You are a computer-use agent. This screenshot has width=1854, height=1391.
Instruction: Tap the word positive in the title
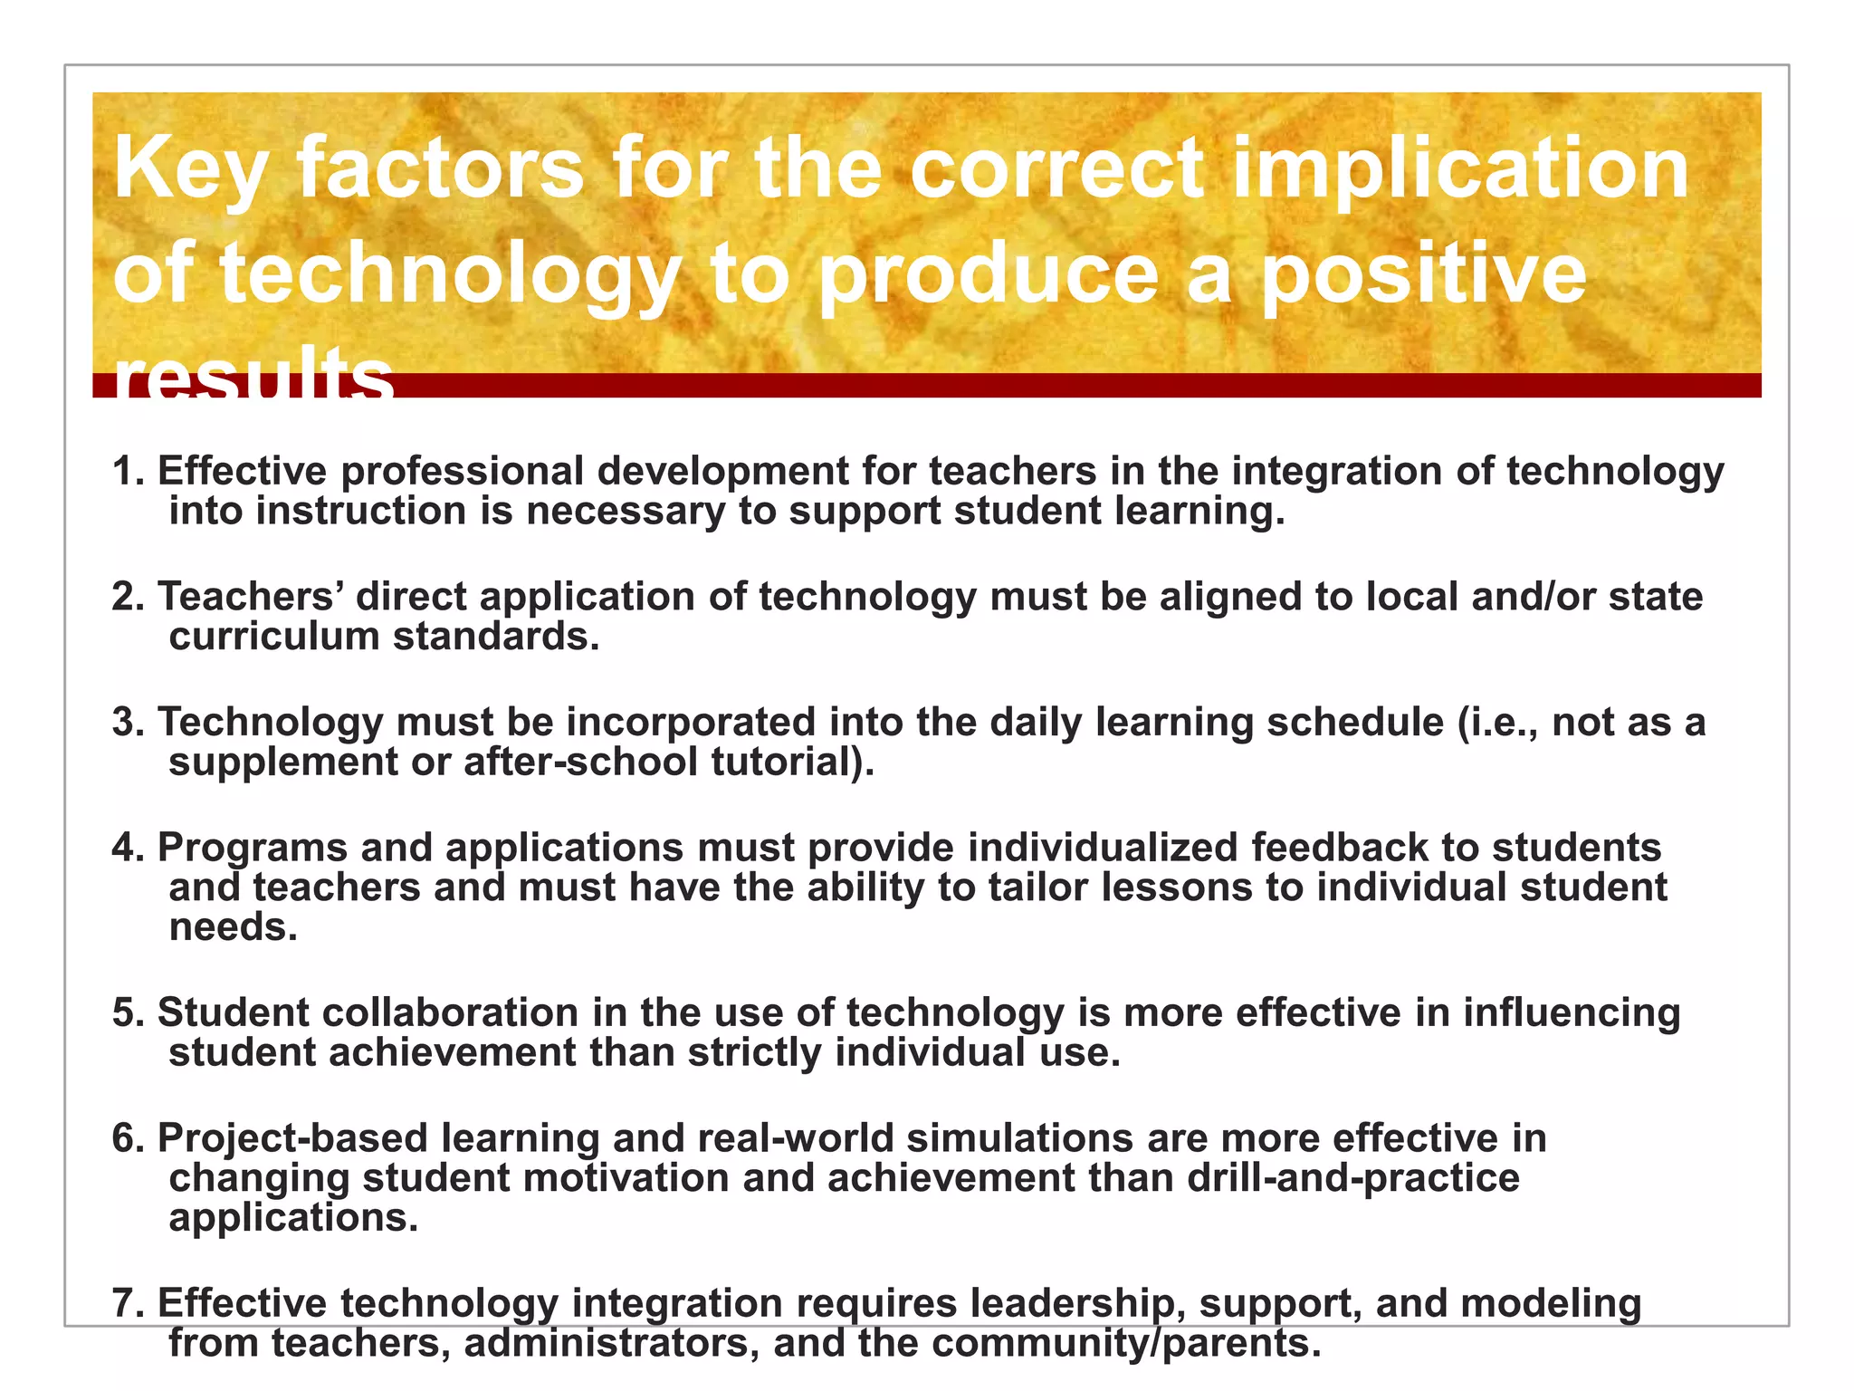(x=1423, y=275)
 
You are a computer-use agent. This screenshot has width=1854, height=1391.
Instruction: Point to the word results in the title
(x=253, y=377)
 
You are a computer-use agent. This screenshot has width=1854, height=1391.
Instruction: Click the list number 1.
(x=128, y=472)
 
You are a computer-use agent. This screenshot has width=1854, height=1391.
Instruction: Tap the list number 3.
(x=128, y=723)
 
